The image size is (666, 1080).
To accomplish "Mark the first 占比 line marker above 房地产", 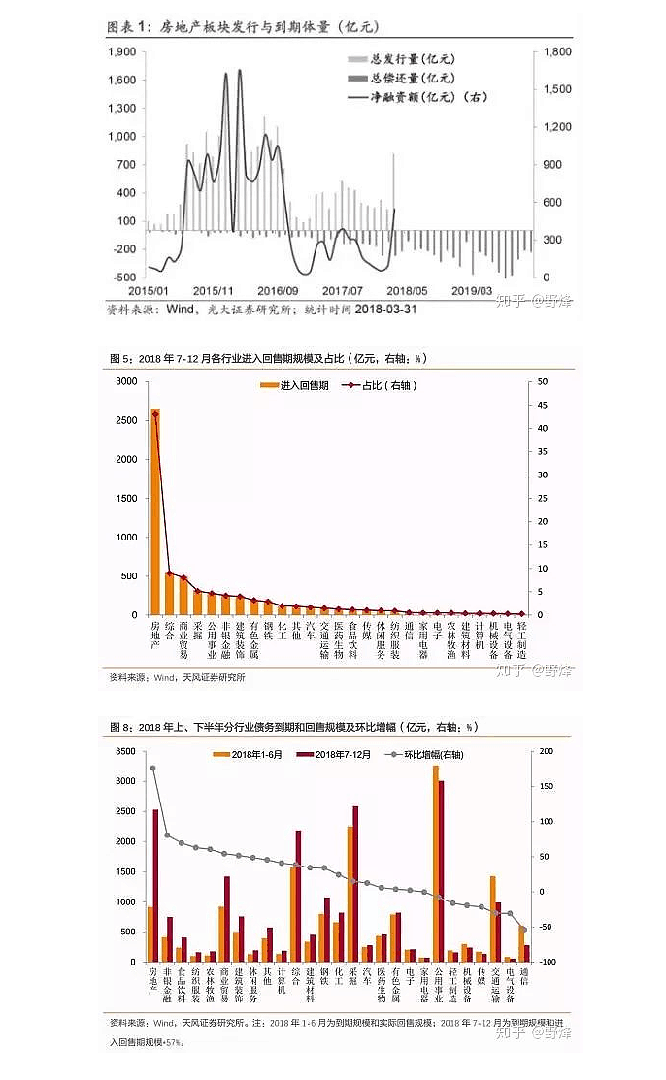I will click(x=155, y=414).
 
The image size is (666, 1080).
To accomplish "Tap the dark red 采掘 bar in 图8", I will click(x=355, y=884).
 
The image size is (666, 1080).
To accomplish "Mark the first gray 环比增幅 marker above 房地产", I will click(x=152, y=769).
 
